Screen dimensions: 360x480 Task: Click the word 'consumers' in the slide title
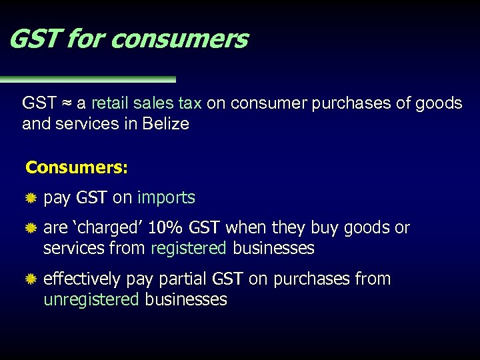pos(179,39)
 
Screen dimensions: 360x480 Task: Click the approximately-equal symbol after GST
pos(67,103)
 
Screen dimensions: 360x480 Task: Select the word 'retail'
pos(111,103)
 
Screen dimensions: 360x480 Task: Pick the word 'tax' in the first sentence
pos(189,103)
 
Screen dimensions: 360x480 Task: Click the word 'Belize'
pos(165,124)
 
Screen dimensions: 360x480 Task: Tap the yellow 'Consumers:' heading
pos(77,167)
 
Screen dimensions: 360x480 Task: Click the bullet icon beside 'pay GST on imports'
pos(30,198)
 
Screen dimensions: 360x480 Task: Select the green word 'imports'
pos(166,198)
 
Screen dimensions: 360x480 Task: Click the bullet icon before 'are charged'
pos(30,229)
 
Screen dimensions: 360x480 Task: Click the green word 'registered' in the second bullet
pos(189,249)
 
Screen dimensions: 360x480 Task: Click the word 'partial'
pos(182,279)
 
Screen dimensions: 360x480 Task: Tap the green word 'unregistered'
pos(91,300)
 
